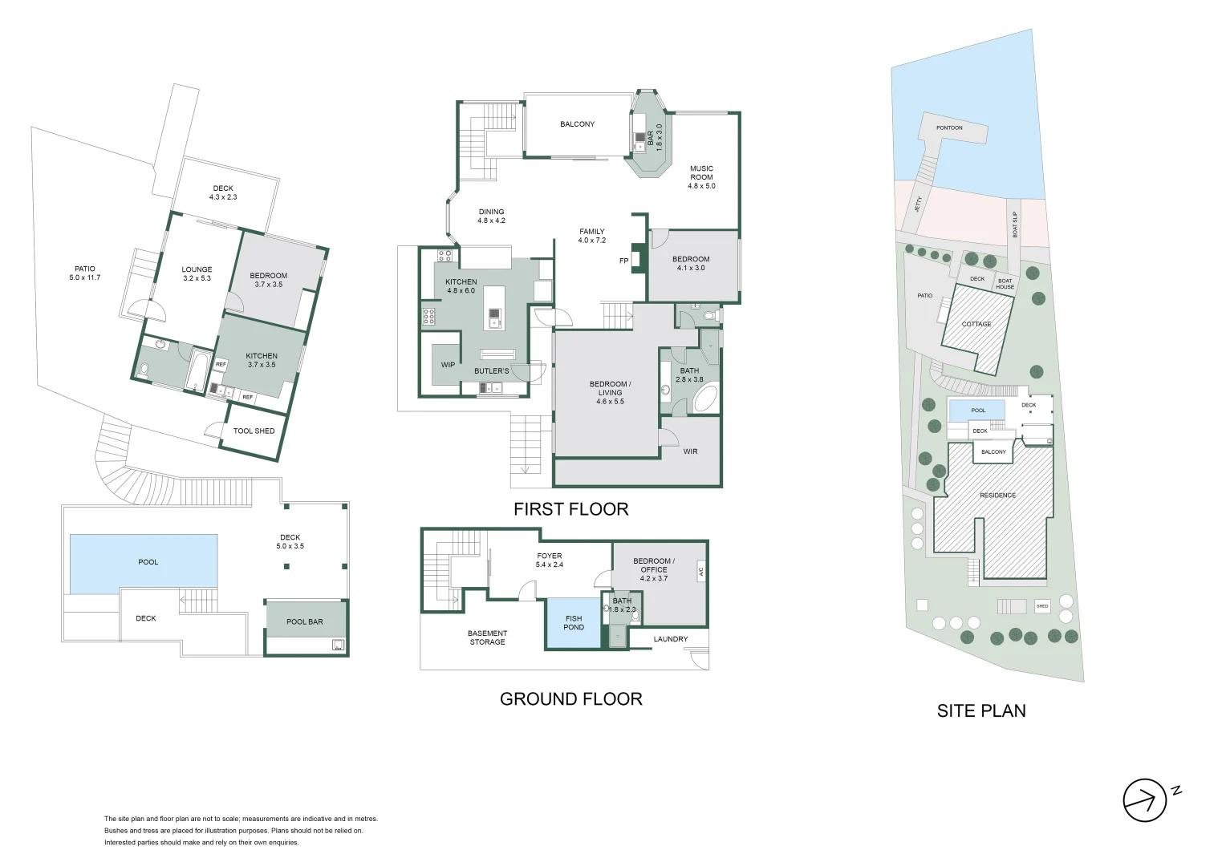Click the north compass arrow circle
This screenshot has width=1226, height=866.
click(x=1143, y=800)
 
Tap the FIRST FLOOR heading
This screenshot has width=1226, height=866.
click(x=570, y=509)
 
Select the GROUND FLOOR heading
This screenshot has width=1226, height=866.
click(x=570, y=699)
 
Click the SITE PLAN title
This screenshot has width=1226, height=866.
click(x=980, y=710)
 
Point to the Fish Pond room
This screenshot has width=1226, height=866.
click(x=573, y=623)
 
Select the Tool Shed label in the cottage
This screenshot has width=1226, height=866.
click(x=254, y=431)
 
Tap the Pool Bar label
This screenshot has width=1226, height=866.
click(x=305, y=621)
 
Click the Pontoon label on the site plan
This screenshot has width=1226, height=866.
click(x=949, y=128)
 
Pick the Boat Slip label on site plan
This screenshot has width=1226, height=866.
click(x=1015, y=224)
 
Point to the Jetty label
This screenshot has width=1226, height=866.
click(x=919, y=204)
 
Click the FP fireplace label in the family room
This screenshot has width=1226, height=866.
click(x=623, y=261)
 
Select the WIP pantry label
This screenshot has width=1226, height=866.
click(x=448, y=365)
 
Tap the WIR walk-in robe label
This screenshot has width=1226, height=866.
click(x=690, y=451)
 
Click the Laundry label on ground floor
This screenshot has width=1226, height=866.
click(x=670, y=639)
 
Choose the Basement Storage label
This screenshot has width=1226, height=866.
click(x=487, y=637)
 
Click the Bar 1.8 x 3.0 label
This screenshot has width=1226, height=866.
click(x=655, y=137)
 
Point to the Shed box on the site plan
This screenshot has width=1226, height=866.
click(x=1041, y=606)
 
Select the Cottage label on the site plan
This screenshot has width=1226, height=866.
click(x=976, y=324)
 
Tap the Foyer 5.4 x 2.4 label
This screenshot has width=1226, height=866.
click(x=549, y=560)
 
